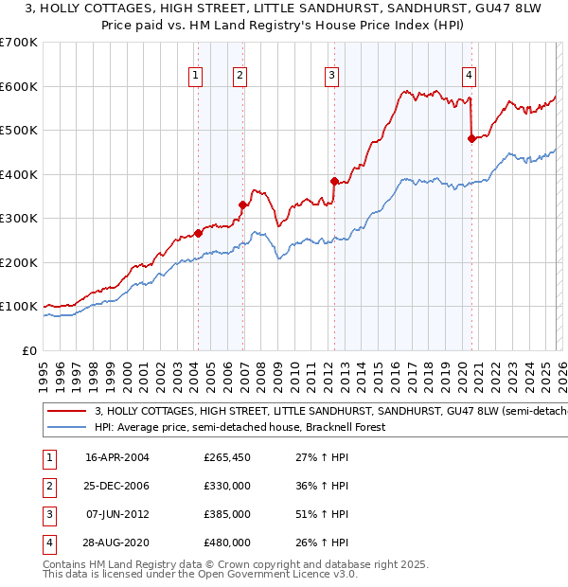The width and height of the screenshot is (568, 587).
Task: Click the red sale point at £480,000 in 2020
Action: (x=471, y=138)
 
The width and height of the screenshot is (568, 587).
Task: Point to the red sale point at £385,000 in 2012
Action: (x=334, y=180)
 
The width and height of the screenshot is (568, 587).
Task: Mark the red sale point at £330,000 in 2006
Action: (x=243, y=205)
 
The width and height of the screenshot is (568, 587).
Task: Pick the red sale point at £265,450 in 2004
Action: (x=198, y=233)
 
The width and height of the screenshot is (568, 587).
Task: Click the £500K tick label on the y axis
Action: (x=18, y=131)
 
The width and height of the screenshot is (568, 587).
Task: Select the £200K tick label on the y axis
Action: (x=18, y=262)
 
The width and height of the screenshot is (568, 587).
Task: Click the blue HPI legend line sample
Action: (x=67, y=427)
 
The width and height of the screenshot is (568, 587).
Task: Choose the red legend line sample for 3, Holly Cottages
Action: (x=67, y=412)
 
